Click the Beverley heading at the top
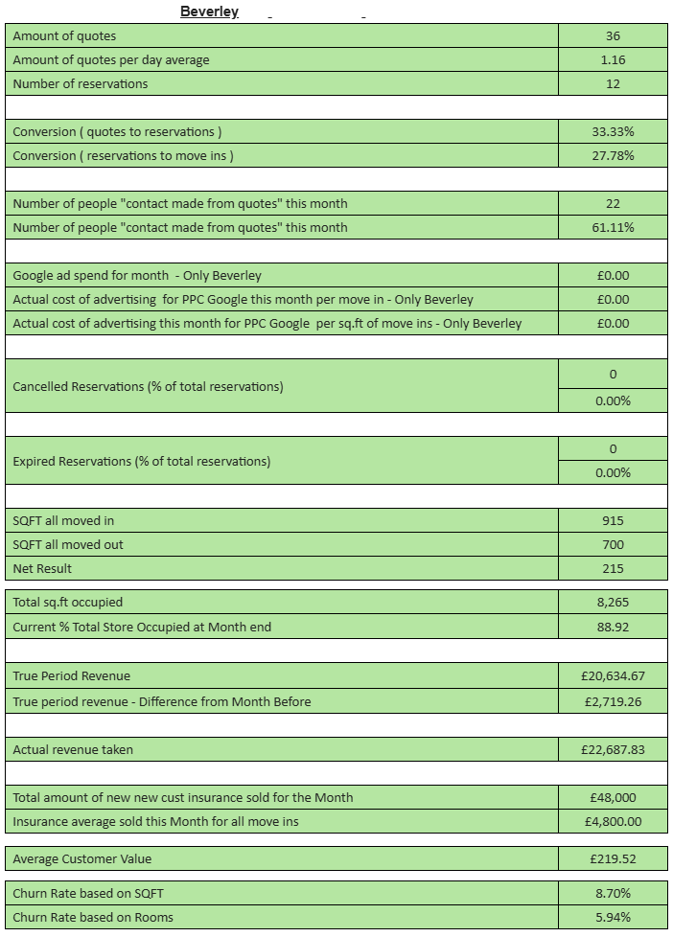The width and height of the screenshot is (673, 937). pos(209,11)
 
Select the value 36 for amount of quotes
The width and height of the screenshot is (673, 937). pos(613,36)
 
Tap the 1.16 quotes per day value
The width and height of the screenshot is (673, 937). pos(613,60)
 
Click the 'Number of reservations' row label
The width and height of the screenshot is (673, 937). pos(81,84)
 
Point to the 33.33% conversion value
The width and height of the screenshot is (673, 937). pos(613,132)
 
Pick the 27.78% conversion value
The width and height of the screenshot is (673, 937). pos(613,156)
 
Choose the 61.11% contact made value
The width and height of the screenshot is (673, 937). pos(613,228)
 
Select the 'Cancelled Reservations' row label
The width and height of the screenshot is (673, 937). pos(148,387)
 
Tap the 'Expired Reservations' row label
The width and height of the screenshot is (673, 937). pos(141,462)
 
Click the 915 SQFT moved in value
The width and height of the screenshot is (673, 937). pos(613,521)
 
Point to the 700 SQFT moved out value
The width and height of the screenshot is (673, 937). pos(613,545)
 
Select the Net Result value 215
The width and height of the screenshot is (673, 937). pos(613,569)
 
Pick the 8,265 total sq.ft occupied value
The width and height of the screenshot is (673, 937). pos(613,604)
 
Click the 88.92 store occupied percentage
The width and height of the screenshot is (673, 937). pos(613,628)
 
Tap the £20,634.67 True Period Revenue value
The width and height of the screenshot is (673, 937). pos(613,676)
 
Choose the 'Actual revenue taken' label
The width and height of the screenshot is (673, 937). pos(73,750)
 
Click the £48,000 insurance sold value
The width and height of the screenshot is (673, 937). pos(613,798)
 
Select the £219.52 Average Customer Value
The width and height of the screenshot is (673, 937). pos(613,859)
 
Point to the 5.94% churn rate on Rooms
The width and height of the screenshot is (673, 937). pos(613,918)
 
